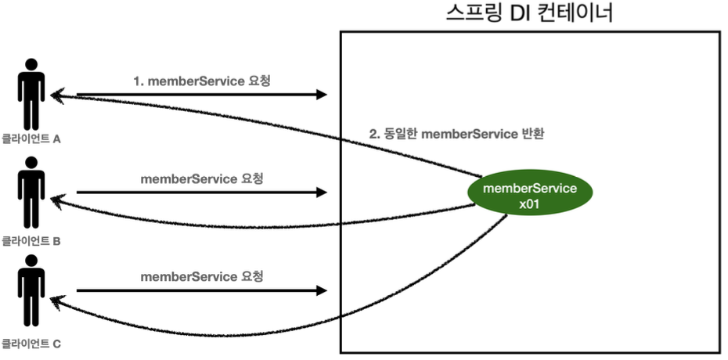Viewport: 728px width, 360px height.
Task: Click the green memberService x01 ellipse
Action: (x=530, y=196)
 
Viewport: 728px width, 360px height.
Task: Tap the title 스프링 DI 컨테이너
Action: (x=529, y=13)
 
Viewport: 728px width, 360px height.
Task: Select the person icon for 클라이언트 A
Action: (x=31, y=94)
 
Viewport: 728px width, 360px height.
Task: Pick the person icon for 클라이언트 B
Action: (x=31, y=193)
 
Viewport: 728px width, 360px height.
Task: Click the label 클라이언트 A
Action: (x=31, y=139)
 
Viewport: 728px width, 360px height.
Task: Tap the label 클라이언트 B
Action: (x=31, y=241)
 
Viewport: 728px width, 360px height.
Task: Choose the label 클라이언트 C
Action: (x=31, y=344)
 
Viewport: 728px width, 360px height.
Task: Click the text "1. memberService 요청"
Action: (x=202, y=81)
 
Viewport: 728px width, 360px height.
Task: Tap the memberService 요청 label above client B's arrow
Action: (x=202, y=178)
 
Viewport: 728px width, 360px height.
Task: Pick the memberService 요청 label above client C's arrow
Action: (x=202, y=277)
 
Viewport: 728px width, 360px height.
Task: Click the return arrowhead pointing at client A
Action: (x=56, y=95)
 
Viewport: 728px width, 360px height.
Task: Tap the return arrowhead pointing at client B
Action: (x=56, y=201)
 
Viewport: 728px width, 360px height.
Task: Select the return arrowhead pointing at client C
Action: (x=56, y=301)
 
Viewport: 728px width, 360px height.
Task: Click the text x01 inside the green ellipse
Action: (x=530, y=204)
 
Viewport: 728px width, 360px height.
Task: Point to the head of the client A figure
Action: (x=31, y=64)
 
